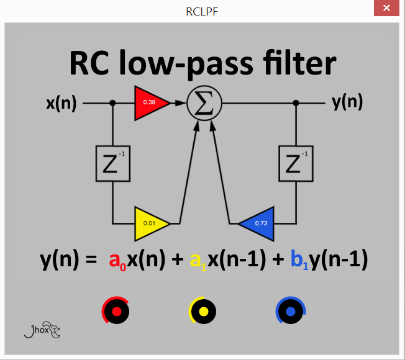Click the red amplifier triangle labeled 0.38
(150, 102)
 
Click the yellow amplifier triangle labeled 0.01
(150, 223)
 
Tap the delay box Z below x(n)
(112, 163)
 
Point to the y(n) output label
(347, 102)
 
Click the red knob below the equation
(116, 311)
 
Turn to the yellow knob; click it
(202, 311)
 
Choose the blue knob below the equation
(290, 311)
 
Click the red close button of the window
(386, 9)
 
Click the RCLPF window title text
(202, 11)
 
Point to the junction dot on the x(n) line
(112, 103)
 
